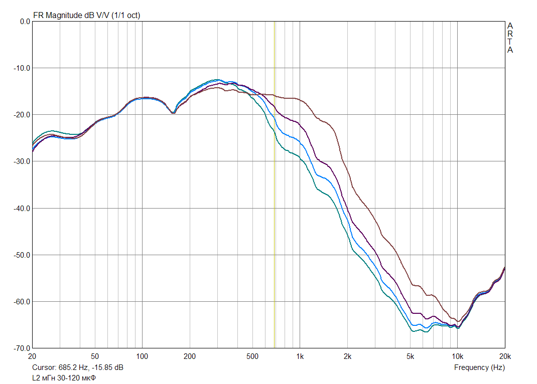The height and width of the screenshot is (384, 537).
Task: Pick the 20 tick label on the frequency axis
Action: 32,356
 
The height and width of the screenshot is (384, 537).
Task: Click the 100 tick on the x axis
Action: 142,356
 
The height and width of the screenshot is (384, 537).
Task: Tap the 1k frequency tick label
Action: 300,356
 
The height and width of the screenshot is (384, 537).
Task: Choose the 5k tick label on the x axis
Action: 410,356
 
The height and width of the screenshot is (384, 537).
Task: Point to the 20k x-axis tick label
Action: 504,356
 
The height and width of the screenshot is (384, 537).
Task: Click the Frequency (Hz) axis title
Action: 479,367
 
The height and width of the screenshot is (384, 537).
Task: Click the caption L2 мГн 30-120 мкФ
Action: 64,378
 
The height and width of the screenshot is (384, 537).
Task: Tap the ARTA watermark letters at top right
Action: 510,38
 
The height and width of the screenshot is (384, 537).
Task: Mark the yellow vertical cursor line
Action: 275,201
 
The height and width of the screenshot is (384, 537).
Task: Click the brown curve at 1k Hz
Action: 300,99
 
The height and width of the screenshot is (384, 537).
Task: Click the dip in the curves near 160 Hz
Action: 173,113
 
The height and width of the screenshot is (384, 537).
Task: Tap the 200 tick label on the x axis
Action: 189,356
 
